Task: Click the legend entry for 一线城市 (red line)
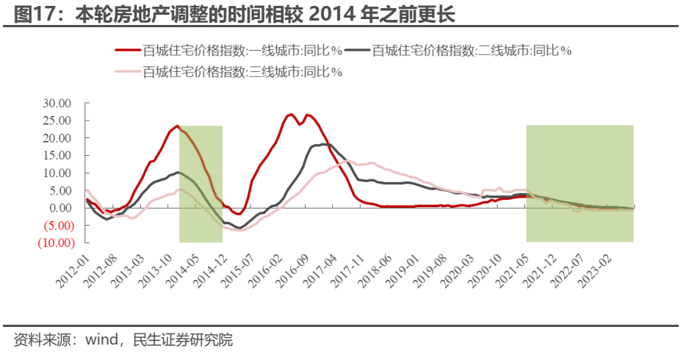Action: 242,51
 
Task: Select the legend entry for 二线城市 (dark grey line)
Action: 472,51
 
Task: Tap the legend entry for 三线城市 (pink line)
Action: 242,71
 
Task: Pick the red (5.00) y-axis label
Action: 58,225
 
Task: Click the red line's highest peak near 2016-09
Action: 291,114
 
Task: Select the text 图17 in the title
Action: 35,15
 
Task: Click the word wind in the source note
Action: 103,340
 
